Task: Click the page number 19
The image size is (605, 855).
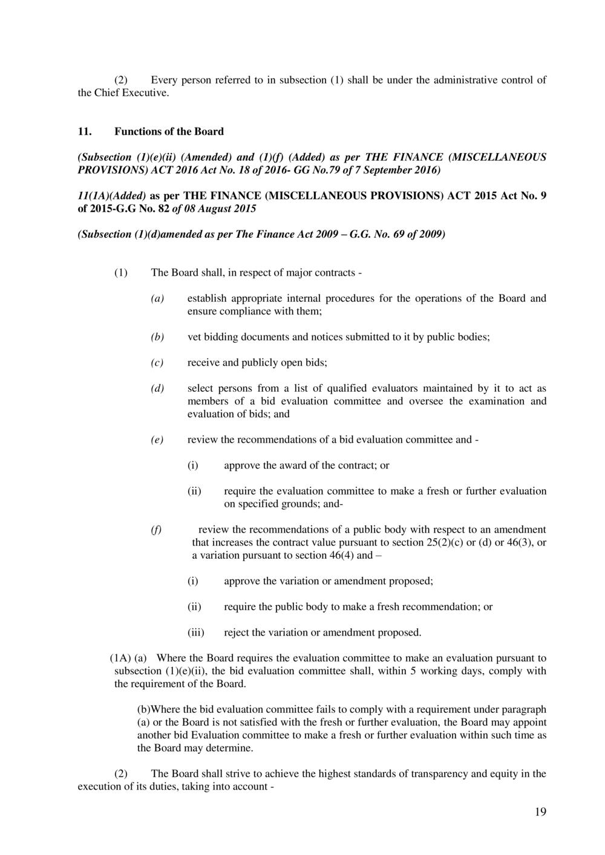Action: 540,812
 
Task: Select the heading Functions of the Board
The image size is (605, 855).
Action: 169,131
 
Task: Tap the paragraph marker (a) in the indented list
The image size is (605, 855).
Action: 157,298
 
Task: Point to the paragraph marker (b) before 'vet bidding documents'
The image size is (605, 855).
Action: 157,337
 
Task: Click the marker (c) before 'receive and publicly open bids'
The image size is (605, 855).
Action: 157,363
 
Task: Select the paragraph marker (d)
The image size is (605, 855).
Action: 157,388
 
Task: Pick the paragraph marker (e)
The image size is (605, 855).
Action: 157,440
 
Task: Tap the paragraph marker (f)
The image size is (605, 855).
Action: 156,530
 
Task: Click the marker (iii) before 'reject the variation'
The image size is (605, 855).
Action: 195,632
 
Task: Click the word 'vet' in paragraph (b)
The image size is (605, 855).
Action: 194,337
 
